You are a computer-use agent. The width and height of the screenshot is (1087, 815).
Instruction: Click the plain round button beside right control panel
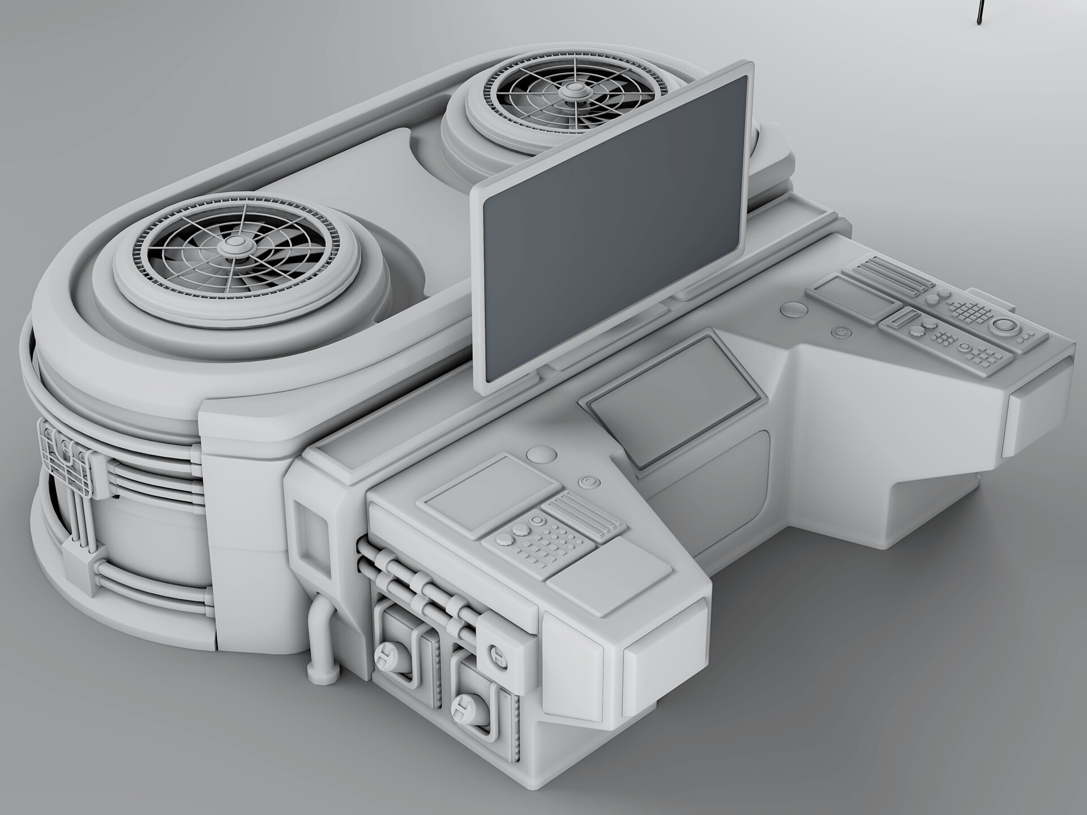[x=794, y=309]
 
